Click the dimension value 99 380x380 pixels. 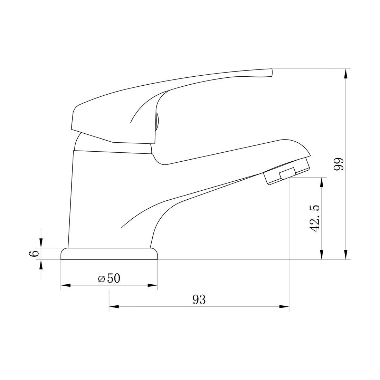(x=339, y=164)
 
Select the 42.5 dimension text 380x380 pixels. (x=315, y=219)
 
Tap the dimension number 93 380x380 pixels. (x=199, y=300)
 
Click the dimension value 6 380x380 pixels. (x=34, y=254)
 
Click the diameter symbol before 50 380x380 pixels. (x=101, y=279)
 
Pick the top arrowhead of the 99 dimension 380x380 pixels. (x=345, y=74)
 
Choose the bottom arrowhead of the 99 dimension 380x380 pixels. (x=345, y=255)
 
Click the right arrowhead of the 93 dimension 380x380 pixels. (x=284, y=306)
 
